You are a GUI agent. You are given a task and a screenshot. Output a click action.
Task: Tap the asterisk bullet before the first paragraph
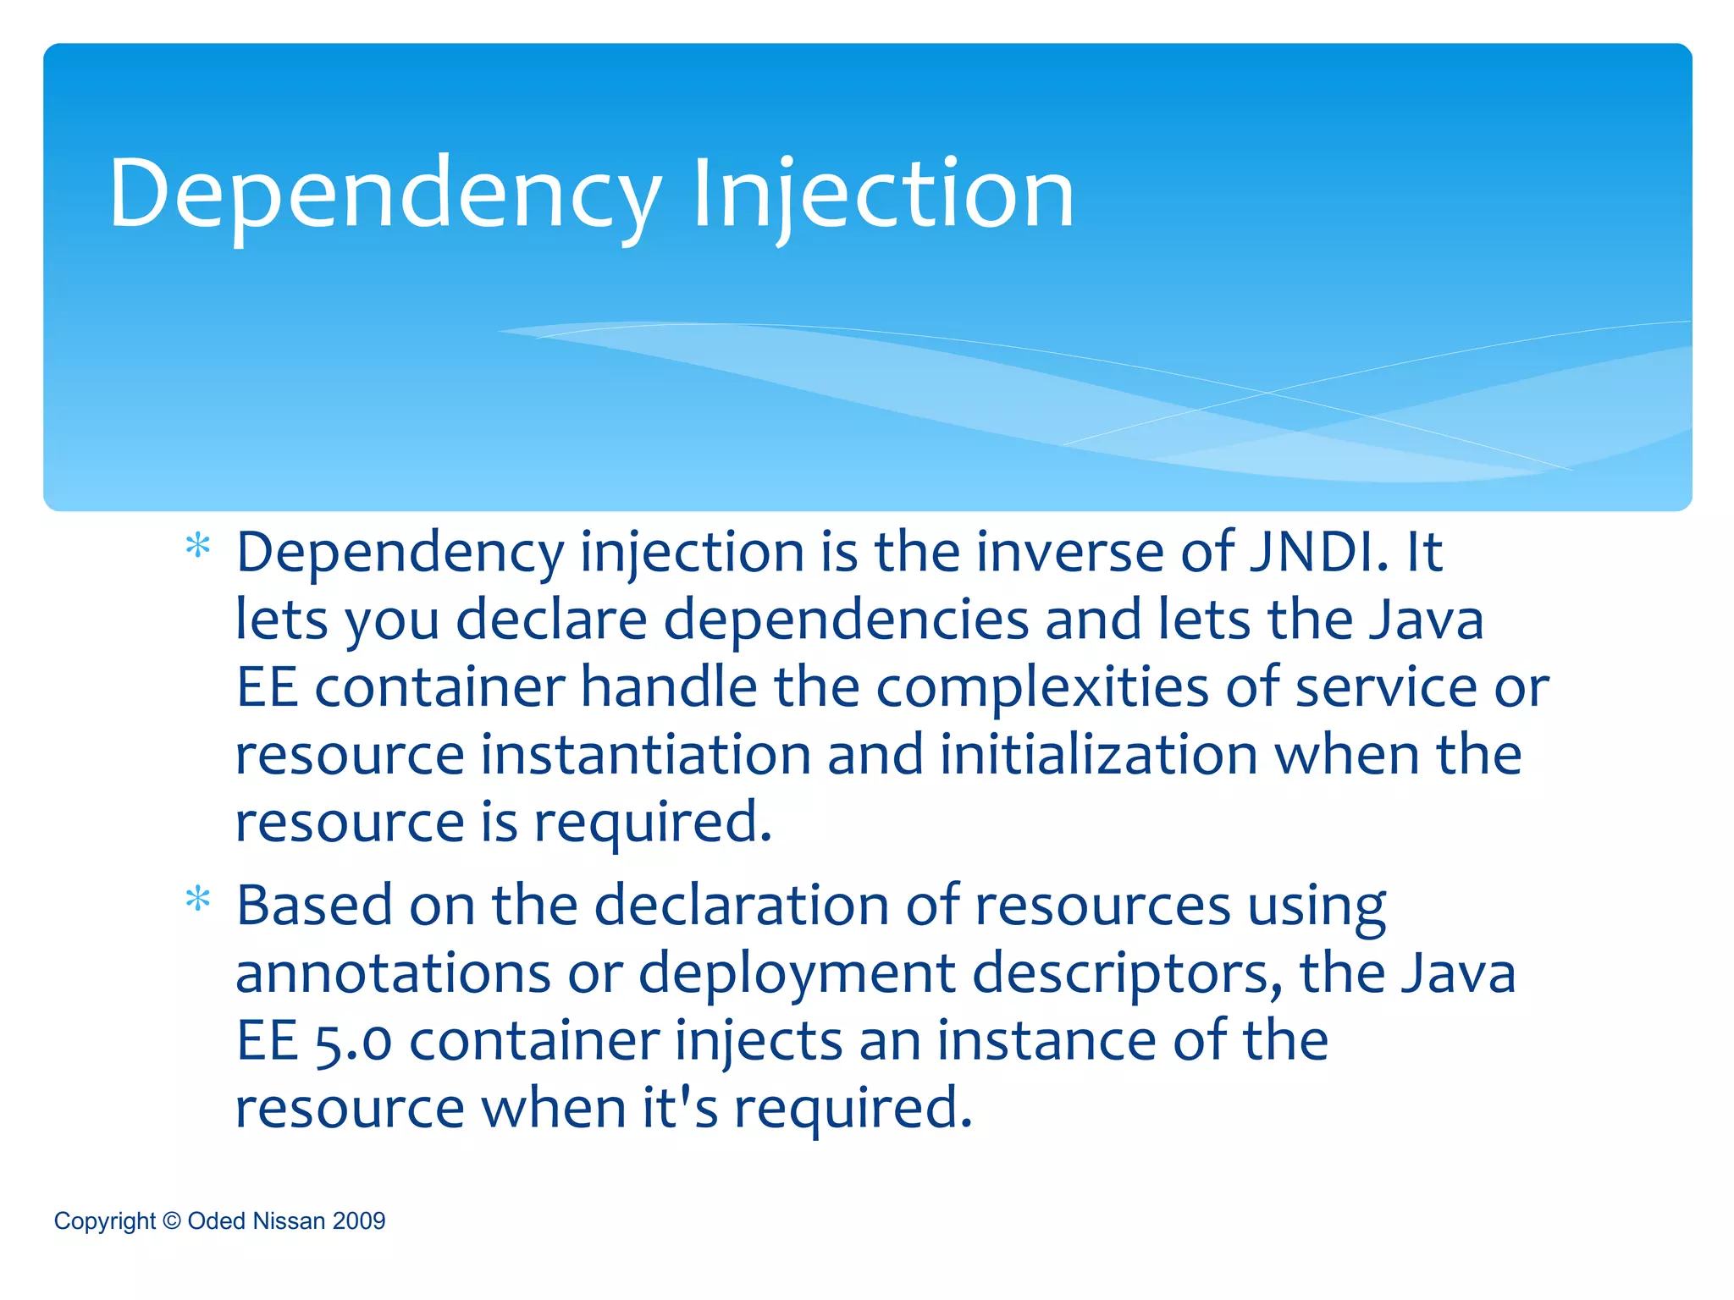pos(198,546)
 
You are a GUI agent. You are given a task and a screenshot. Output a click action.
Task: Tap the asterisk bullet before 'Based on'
pos(198,899)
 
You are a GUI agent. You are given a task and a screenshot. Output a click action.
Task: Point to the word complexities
pos(1041,686)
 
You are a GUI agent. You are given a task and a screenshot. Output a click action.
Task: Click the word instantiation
pos(646,754)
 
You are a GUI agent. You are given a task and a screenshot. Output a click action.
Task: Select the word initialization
pos(1098,754)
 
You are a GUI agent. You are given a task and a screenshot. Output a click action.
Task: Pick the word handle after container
pos(669,686)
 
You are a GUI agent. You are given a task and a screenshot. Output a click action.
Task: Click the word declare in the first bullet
pos(552,620)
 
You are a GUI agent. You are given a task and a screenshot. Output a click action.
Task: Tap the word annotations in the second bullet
pos(393,972)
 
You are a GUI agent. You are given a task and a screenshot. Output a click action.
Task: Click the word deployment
pos(797,974)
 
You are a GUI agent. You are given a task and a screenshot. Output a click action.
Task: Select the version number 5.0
pos(353,1041)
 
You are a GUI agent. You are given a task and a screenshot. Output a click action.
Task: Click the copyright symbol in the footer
pos(171,1220)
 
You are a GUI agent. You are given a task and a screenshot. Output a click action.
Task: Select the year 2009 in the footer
pos(359,1220)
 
